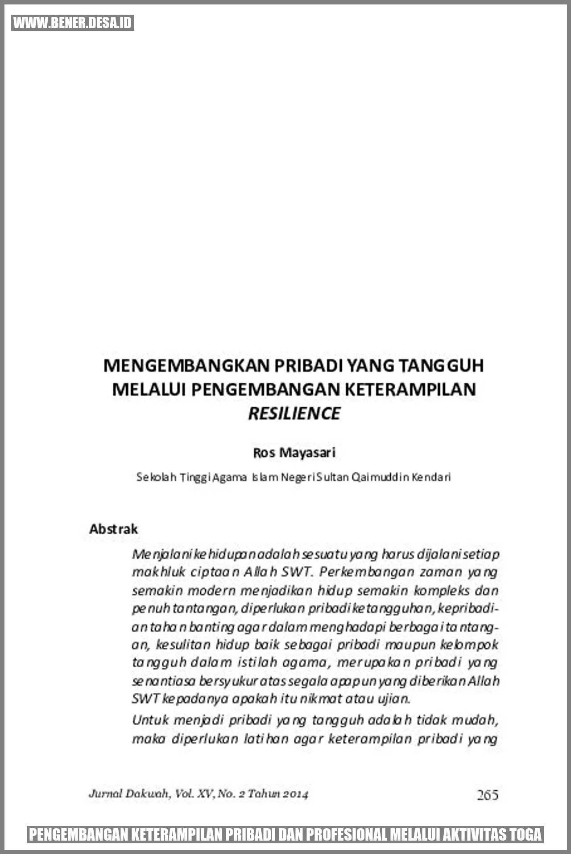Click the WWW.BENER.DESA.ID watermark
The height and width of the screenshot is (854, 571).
click(x=73, y=23)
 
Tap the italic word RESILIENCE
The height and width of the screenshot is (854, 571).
click(x=294, y=413)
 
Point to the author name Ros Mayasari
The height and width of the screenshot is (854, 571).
click(x=294, y=453)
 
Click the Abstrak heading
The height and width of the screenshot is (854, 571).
click(x=113, y=529)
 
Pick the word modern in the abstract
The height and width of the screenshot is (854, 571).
click(x=211, y=591)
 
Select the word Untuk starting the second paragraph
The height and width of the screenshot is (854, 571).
click(x=150, y=720)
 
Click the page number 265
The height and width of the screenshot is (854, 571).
click(x=487, y=795)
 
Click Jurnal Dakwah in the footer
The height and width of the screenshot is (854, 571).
click(x=129, y=794)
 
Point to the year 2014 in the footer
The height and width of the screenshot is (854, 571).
click(x=296, y=794)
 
